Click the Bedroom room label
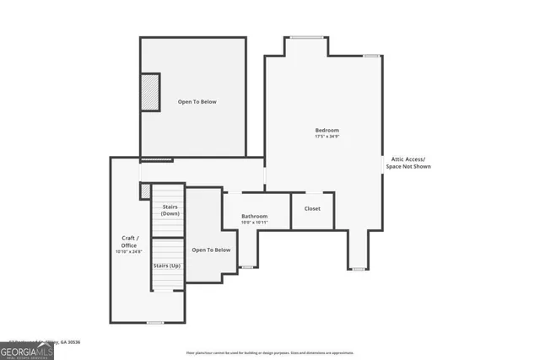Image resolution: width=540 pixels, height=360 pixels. pyautogui.click(x=327, y=130)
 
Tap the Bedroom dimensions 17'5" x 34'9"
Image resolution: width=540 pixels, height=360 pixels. pyautogui.click(x=327, y=137)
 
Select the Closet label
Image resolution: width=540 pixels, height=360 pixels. pyautogui.click(x=312, y=208)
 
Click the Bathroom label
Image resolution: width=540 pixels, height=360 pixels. pyautogui.click(x=254, y=217)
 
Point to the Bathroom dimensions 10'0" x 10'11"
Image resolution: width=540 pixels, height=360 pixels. pyautogui.click(x=254, y=223)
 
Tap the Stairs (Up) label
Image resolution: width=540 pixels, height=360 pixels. pyautogui.click(x=166, y=266)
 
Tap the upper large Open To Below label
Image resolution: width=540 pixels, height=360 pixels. pyautogui.click(x=197, y=102)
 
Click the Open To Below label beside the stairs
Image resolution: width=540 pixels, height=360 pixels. pyautogui.click(x=211, y=250)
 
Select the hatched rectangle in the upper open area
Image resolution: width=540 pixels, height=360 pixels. pyautogui.click(x=149, y=91)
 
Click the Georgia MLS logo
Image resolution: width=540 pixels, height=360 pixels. pyautogui.click(x=27, y=348)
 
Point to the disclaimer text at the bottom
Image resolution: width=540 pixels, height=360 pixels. pyautogui.click(x=269, y=352)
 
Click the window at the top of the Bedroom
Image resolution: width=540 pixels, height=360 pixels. pyautogui.click(x=306, y=36)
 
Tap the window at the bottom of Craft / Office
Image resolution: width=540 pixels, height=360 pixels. pyautogui.click(x=154, y=323)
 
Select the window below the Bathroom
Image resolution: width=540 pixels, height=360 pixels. pyautogui.click(x=246, y=267)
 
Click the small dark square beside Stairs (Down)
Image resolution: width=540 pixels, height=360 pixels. pyautogui.click(x=144, y=190)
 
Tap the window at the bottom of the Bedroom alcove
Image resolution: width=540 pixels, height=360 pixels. pyautogui.click(x=359, y=269)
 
